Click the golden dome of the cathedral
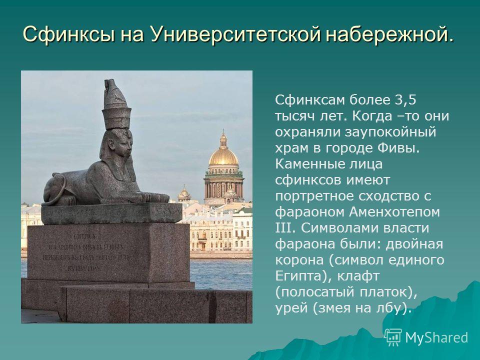click(x=223, y=155)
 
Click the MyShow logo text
click(x=436, y=337)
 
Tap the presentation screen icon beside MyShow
click(x=393, y=337)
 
